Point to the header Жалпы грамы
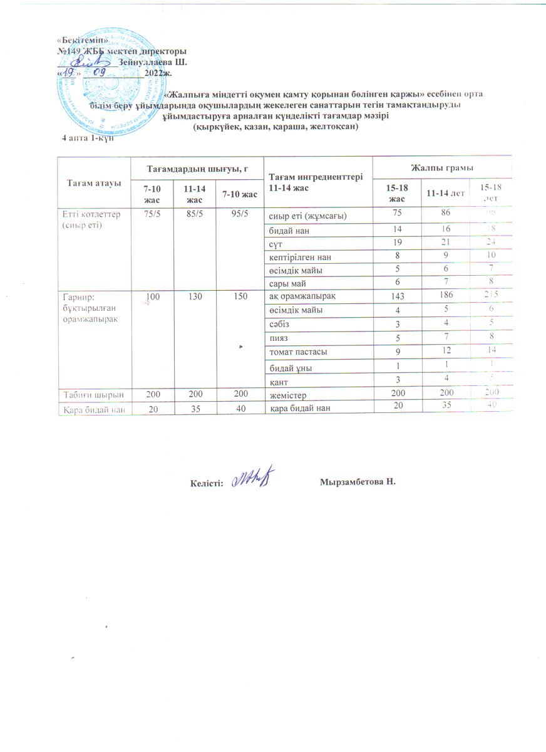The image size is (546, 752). point(441,167)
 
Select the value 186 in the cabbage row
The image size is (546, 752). point(441,293)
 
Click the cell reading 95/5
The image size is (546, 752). point(239,213)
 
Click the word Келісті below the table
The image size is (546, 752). point(206,483)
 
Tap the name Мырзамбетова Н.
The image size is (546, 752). point(359,482)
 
